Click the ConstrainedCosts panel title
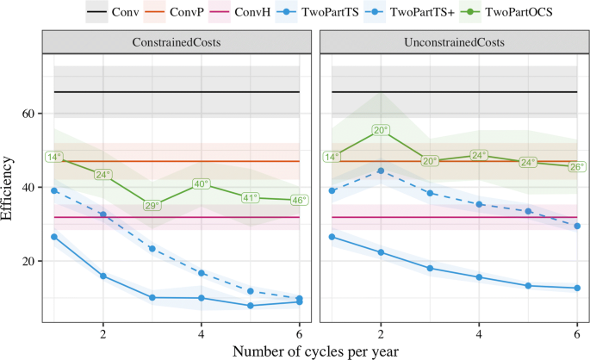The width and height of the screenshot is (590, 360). pos(176,42)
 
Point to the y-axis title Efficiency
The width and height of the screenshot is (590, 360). pos(9,187)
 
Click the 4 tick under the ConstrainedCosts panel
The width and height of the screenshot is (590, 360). pos(201,332)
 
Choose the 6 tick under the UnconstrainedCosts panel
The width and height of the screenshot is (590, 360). pos(577,332)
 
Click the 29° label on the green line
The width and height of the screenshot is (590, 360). pos(152,205)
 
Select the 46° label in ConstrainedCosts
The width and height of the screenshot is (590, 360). pos(299,200)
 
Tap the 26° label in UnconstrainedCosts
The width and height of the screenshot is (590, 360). pos(576,166)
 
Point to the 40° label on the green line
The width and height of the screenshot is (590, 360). pos(202,183)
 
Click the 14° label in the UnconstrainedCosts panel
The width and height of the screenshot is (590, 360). pos(332,157)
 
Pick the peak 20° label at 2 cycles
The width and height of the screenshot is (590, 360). pos(382,130)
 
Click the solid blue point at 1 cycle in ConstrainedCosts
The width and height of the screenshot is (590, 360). pos(53,237)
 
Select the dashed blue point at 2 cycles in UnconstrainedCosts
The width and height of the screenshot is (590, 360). pos(382,171)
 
